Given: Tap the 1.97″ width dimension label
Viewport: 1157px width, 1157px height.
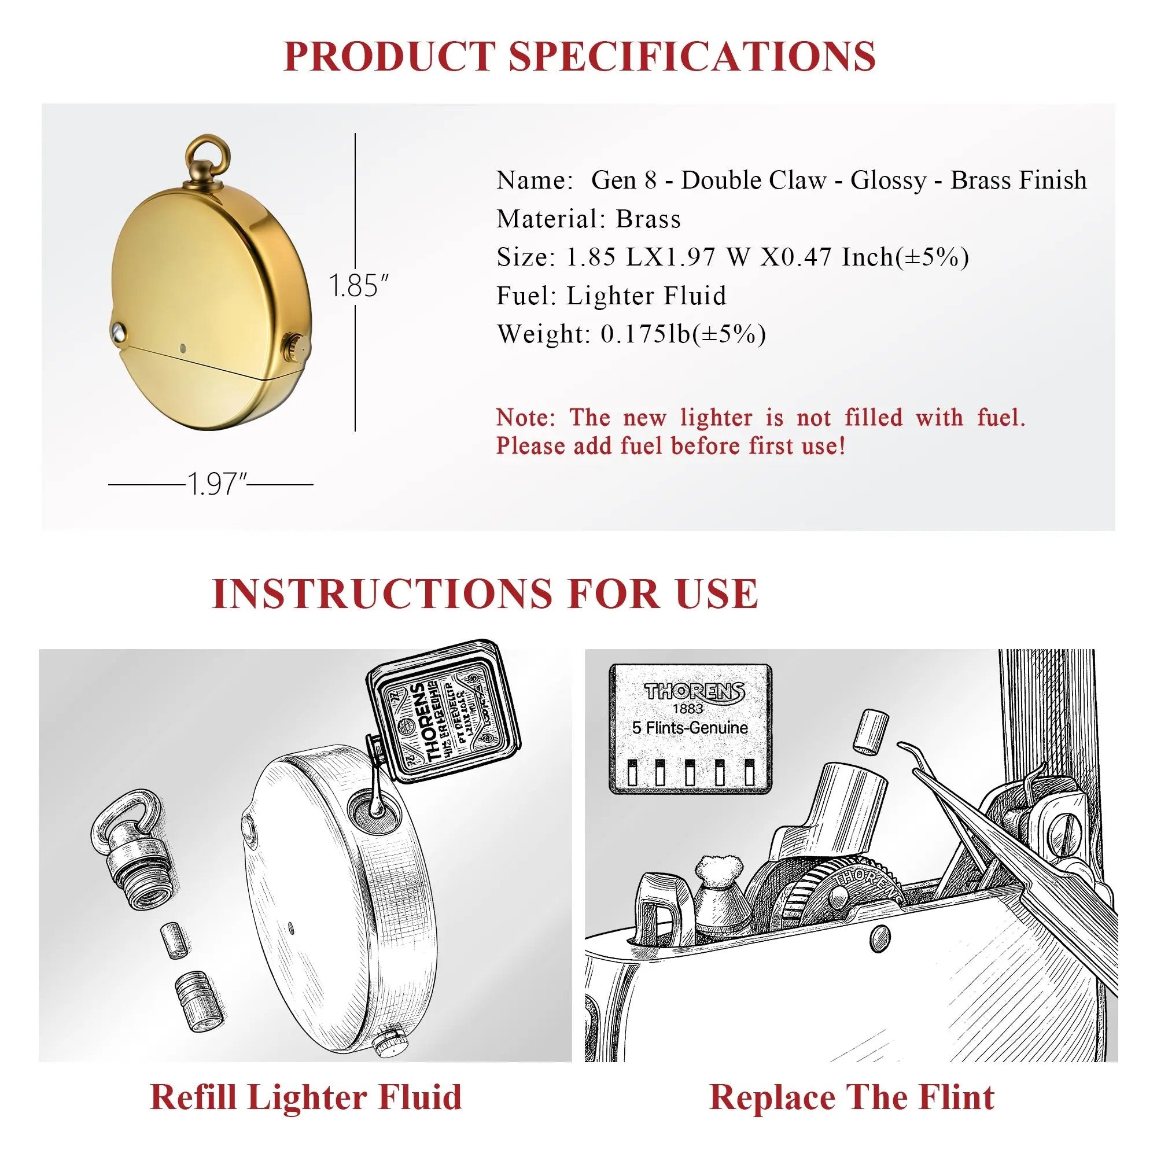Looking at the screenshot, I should point(218,484).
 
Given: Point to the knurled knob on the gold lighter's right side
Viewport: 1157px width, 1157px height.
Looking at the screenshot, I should point(294,347).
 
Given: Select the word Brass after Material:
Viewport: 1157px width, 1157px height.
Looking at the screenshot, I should point(648,219).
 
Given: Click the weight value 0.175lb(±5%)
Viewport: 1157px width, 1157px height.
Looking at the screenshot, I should point(683,334).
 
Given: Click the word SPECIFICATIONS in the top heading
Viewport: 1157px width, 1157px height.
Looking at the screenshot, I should point(692,56).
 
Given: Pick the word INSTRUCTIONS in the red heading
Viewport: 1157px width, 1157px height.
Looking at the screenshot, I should point(382,594).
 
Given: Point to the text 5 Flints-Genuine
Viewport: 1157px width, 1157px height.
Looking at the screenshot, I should point(690,728).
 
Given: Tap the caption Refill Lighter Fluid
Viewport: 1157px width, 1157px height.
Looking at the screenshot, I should point(305,1097).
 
